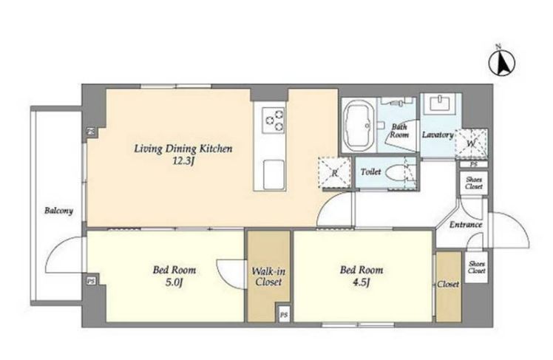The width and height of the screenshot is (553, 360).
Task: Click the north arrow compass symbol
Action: tap(501, 62)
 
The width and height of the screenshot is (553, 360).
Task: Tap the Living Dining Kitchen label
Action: tap(183, 149)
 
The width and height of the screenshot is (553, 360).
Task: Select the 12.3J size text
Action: tap(183, 161)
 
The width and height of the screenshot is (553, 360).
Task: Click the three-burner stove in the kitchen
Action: tap(274, 120)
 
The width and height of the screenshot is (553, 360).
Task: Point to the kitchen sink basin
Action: tap(274, 174)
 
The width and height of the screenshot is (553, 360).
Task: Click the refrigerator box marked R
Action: tap(334, 172)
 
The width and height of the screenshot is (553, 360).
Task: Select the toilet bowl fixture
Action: tap(397, 174)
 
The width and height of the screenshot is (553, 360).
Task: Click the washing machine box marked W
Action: tap(471, 144)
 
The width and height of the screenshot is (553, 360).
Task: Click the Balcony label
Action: tap(58, 211)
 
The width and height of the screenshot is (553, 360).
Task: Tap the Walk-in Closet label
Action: tap(268, 276)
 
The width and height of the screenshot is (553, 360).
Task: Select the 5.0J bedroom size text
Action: tap(174, 282)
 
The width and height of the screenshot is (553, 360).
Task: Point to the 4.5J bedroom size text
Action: tap(361, 282)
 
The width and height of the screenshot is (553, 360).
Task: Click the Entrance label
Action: tap(466, 225)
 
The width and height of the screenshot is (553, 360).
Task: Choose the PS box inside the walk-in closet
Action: tap(284, 313)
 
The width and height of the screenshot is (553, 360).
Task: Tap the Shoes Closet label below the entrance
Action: tap(477, 268)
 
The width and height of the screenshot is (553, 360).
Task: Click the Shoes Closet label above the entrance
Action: tap(474, 183)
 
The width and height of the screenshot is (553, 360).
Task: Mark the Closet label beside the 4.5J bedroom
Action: tap(448, 284)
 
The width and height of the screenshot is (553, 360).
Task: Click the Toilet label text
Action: tap(370, 171)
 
